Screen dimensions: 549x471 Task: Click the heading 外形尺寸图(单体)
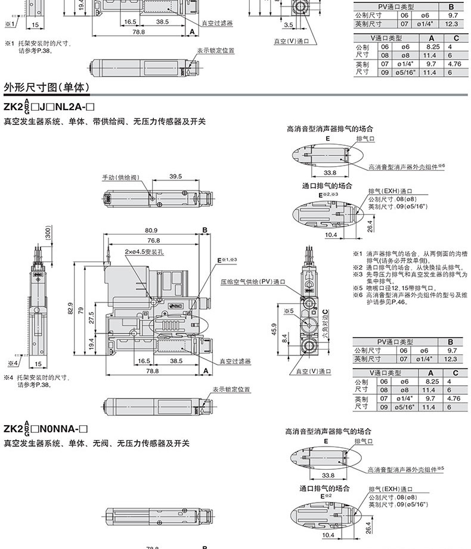click(47, 88)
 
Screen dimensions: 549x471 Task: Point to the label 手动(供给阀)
click(120, 177)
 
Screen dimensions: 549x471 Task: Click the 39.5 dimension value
click(175, 176)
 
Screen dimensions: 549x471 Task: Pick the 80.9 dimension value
click(150, 230)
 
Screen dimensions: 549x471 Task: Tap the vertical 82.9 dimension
click(69, 309)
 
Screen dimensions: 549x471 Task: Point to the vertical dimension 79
click(80, 313)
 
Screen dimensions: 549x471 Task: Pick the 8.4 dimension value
click(284, 338)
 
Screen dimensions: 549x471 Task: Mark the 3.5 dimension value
click(289, 25)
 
